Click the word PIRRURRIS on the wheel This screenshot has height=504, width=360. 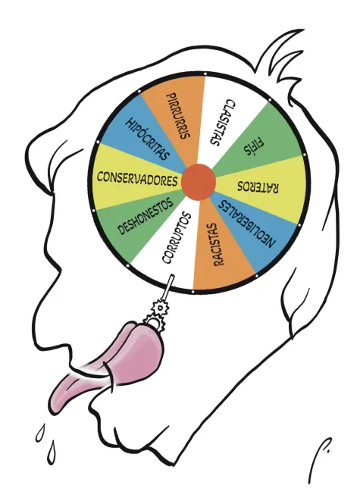[179, 116]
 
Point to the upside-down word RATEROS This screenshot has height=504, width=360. [258, 187]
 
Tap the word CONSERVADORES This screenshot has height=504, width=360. [137, 180]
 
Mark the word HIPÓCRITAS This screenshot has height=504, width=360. [147, 139]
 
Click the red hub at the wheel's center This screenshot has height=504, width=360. [199, 182]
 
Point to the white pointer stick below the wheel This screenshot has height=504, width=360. [168, 288]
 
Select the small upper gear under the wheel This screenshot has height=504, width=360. [160, 308]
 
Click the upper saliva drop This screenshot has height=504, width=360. [40, 432]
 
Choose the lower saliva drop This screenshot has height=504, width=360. [52, 452]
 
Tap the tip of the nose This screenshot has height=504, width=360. [27, 151]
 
